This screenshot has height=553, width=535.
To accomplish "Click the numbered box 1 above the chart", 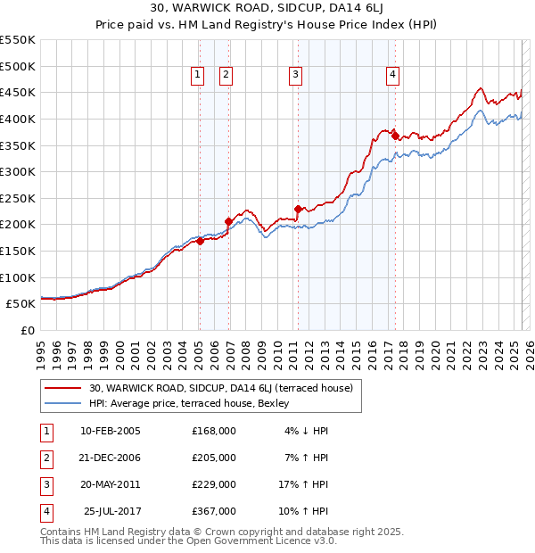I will [x=196, y=76].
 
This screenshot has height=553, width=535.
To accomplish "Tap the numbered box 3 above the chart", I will [x=294, y=76].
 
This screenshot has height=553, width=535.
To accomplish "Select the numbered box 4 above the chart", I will [x=392, y=76].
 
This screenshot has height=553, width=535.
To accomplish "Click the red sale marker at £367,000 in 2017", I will [x=395, y=136].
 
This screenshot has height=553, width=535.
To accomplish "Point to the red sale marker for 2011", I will [x=298, y=209].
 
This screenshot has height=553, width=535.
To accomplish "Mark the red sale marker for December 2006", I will [x=228, y=221].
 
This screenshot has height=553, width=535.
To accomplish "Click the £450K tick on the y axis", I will [x=18, y=92].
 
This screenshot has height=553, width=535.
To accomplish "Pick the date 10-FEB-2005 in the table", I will [x=111, y=431].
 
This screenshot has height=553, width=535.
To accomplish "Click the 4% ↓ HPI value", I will [x=307, y=431].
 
